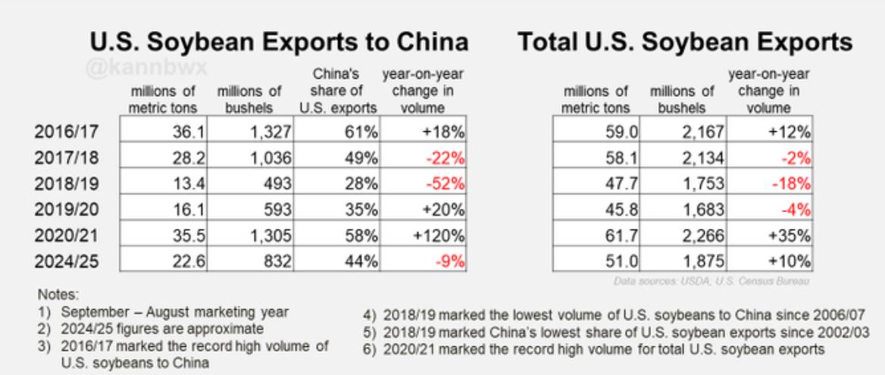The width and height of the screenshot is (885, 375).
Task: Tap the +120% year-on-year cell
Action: tap(424, 235)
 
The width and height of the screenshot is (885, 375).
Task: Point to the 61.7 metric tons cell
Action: tap(596, 235)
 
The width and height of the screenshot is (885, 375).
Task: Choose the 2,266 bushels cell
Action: tap(683, 235)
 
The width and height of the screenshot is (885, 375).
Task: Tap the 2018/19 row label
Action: tap(66, 183)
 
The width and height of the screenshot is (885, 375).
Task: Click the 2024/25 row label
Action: tap(66, 261)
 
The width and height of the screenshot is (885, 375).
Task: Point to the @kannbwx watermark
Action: tap(147, 68)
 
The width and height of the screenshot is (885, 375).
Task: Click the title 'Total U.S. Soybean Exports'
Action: tap(685, 42)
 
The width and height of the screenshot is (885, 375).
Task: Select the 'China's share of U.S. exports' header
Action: tap(338, 91)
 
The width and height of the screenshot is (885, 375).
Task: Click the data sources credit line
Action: tap(711, 281)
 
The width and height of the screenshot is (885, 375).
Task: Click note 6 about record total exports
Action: tap(594, 349)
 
